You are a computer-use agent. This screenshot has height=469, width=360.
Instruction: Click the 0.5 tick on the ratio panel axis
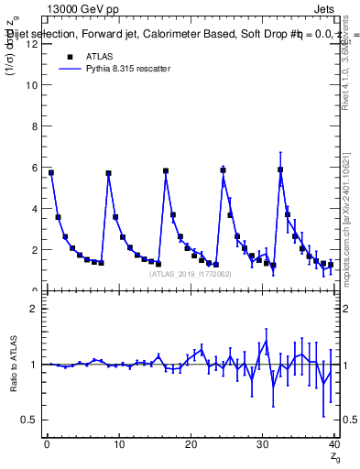point(30,420)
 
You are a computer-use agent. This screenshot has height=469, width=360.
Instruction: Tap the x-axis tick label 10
point(118,446)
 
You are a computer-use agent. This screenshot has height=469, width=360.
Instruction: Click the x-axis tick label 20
point(191,446)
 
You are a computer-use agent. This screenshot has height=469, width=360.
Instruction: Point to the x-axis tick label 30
point(263,446)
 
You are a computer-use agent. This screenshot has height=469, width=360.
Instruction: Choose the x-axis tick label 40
point(333,446)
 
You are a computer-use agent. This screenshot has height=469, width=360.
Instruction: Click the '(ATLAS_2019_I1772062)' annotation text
point(191,274)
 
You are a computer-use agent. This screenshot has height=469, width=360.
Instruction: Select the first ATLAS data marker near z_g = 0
point(51,172)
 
